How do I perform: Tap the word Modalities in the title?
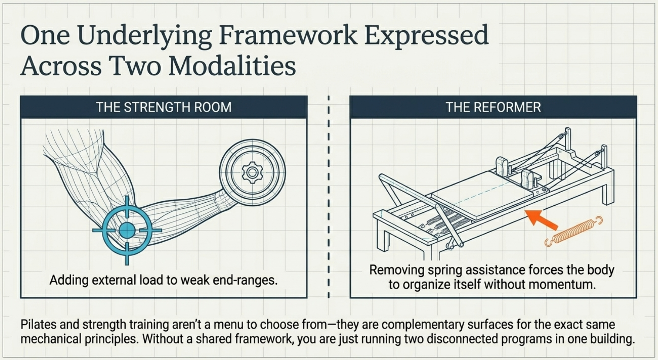232,66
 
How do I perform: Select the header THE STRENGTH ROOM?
164,107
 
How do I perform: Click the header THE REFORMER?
493,107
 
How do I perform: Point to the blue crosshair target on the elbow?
127,230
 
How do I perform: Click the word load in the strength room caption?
149,280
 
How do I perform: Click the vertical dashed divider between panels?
329,196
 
